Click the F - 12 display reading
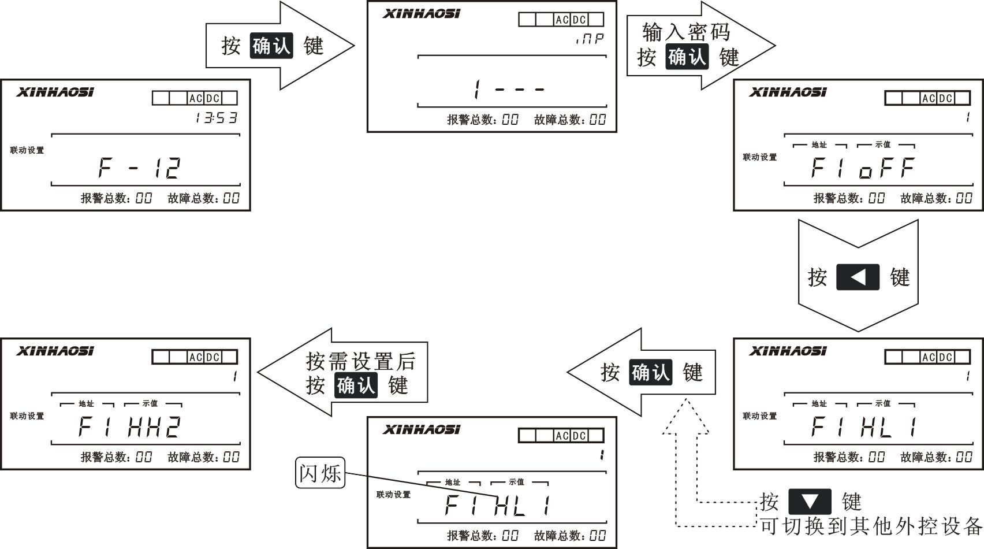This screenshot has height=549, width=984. tap(140, 168)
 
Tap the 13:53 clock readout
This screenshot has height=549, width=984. tap(216, 118)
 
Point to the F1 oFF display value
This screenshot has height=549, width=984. tap(863, 168)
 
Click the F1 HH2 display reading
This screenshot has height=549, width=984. tap(130, 427)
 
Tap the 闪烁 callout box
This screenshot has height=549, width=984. tap(320, 473)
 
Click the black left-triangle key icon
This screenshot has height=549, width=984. tap(858, 277)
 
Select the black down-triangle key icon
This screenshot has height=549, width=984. tap(810, 501)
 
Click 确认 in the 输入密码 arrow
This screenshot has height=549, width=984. tap(687, 57)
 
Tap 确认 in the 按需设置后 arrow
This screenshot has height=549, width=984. tap(356, 385)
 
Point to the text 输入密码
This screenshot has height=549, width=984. tap(686, 32)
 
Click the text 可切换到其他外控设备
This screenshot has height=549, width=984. tap(871, 526)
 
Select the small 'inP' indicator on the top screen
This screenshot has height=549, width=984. tap(590, 39)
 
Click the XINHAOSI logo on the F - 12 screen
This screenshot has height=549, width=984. tap(55, 92)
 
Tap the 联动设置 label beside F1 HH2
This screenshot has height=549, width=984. tap(27, 416)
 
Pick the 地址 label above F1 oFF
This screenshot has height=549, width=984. tap(819, 145)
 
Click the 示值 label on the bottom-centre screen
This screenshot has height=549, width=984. tap(516, 482)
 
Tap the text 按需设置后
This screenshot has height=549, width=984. tap(360, 362)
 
